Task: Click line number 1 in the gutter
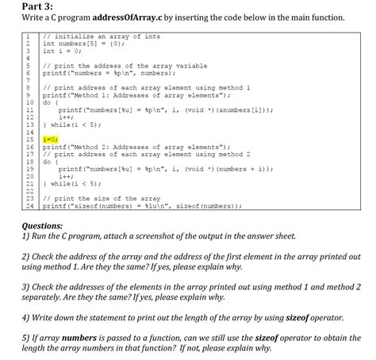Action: click(x=28, y=36)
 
